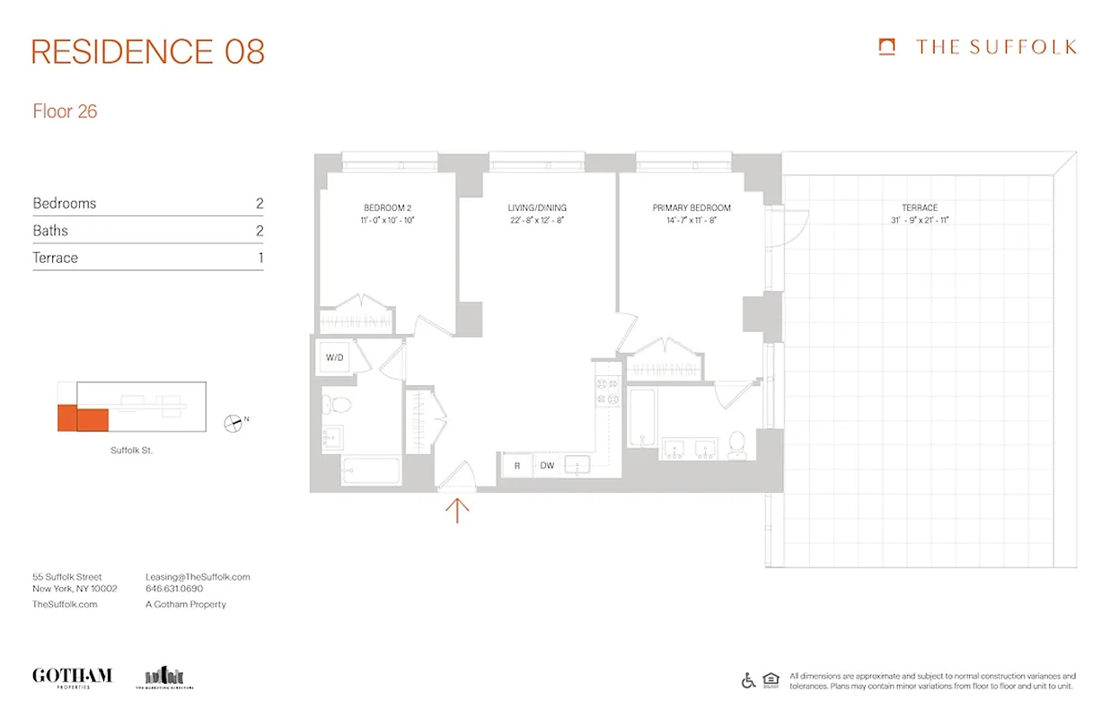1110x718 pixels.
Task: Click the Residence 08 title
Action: (148, 52)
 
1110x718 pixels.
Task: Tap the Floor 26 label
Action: (65, 112)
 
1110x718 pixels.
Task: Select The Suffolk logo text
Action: (995, 48)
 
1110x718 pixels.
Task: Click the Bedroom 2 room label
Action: (387, 207)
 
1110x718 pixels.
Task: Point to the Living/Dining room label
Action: (537, 207)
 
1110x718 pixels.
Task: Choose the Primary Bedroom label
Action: (692, 207)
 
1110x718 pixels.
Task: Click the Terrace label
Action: (920, 207)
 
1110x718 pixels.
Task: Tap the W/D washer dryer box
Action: (335, 358)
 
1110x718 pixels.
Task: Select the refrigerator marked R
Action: (517, 466)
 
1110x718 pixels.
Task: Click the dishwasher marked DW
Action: (547, 466)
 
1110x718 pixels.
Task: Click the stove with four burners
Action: (608, 393)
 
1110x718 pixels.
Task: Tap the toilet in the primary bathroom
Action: (737, 442)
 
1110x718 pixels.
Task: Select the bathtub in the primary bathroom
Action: (642, 417)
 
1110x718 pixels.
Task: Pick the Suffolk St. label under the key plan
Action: (131, 451)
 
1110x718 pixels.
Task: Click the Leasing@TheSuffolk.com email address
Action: (198, 577)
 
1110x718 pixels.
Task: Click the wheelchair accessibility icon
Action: (748, 680)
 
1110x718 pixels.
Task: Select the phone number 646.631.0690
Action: (174, 590)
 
